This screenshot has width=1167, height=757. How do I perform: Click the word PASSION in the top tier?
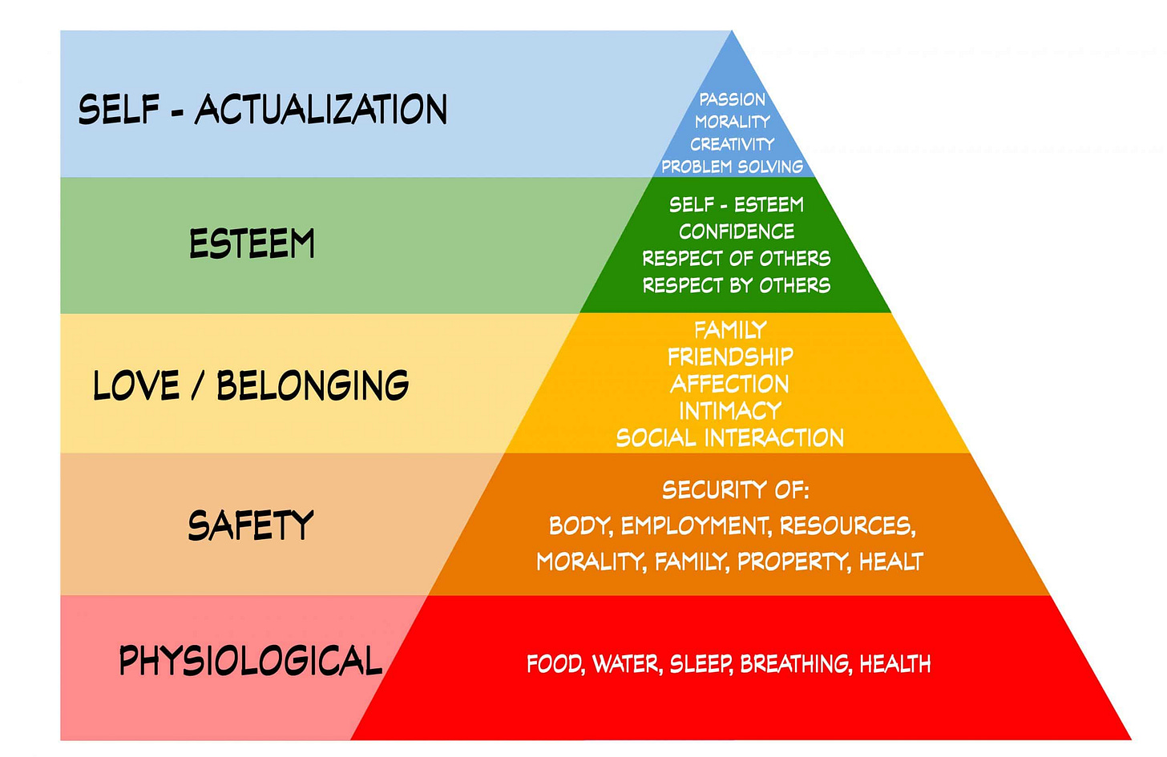pyautogui.click(x=732, y=99)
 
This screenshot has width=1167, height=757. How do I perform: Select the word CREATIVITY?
pyautogui.click(x=732, y=144)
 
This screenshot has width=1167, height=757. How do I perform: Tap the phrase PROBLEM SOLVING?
pyautogui.click(x=732, y=167)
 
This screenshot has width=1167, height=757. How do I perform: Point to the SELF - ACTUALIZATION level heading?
pyautogui.click(x=262, y=110)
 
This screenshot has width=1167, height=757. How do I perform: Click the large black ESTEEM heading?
pyautogui.click(x=252, y=244)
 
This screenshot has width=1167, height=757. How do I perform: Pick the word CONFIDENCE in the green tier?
pyautogui.click(x=737, y=232)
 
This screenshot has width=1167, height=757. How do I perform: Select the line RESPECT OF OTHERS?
pyautogui.click(x=737, y=258)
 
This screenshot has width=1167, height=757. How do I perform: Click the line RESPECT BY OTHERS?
pyautogui.click(x=737, y=285)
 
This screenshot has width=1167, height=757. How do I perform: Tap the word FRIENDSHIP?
pyautogui.click(x=730, y=356)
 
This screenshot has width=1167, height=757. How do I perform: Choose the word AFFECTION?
pyautogui.click(x=730, y=384)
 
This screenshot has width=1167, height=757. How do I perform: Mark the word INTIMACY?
pyautogui.click(x=730, y=411)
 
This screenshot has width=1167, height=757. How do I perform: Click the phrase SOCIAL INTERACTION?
pyautogui.click(x=730, y=437)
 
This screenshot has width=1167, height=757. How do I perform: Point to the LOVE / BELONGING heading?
pyautogui.click(x=251, y=385)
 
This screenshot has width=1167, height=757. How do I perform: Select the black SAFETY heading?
pyautogui.click(x=251, y=525)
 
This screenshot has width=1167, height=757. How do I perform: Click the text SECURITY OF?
pyautogui.click(x=735, y=489)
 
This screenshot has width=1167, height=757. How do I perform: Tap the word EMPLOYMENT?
pyautogui.click(x=695, y=525)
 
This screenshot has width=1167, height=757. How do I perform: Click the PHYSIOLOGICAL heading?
pyautogui.click(x=250, y=661)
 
